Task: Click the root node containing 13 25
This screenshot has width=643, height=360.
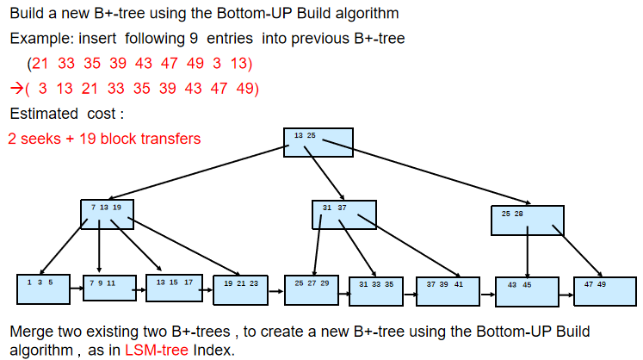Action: [318, 142]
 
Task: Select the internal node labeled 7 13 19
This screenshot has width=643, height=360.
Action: [107, 214]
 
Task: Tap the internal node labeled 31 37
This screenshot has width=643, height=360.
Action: [344, 214]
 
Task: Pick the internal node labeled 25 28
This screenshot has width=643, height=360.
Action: [528, 220]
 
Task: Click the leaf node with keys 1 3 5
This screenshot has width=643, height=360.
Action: [43, 289]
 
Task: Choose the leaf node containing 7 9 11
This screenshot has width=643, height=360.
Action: [109, 289]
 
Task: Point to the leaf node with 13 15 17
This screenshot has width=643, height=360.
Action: [174, 289]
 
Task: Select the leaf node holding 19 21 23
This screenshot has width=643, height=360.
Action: [240, 290]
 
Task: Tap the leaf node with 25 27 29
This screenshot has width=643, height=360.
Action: [312, 290]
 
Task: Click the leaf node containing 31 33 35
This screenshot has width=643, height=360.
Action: [376, 291]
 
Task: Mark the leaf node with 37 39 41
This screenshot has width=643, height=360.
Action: [448, 291]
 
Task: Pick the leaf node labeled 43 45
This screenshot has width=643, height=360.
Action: [527, 292]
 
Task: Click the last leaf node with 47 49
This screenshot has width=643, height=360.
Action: [605, 291]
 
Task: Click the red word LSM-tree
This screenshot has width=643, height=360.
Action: [157, 351]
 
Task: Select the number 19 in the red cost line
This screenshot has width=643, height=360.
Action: [87, 139]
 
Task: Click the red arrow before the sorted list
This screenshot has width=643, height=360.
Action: [16, 88]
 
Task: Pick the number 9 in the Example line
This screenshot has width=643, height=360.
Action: [194, 39]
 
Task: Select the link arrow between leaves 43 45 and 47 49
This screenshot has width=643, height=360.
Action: [566, 295]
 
